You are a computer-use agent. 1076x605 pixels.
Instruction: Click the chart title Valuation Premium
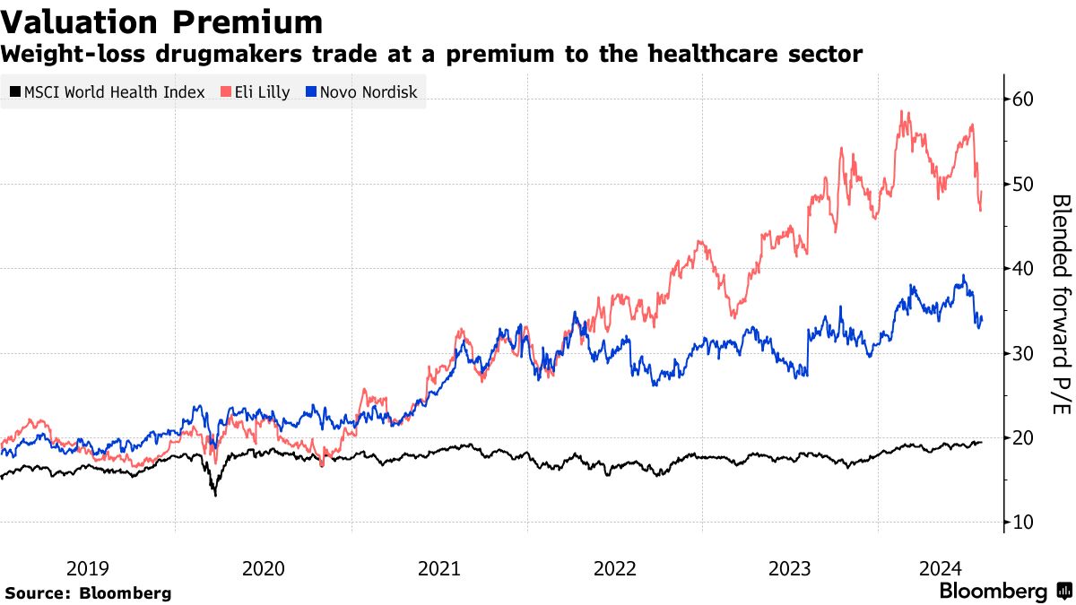click(x=162, y=22)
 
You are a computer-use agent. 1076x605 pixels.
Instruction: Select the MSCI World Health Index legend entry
click(x=107, y=91)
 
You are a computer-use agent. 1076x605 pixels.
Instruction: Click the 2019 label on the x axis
click(x=88, y=568)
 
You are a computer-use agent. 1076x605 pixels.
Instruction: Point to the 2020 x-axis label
click(x=264, y=568)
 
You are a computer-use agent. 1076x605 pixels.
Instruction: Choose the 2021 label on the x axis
click(x=439, y=568)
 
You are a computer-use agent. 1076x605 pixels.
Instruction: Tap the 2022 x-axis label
click(x=615, y=568)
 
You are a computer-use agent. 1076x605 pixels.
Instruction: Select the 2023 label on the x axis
click(x=791, y=568)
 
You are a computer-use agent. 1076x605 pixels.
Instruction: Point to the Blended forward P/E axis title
click(x=1060, y=305)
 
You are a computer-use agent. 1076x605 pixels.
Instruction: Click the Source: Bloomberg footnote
click(x=88, y=592)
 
